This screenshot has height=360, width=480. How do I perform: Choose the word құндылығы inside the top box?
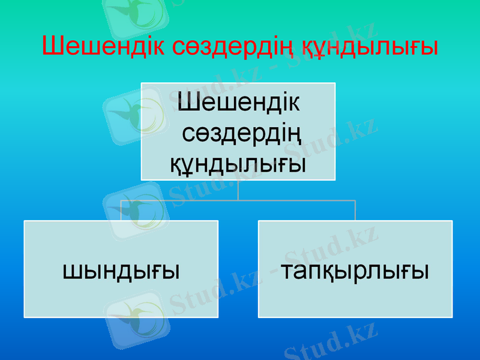pos(238,161)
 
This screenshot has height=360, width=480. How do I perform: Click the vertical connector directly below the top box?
pos(238,190)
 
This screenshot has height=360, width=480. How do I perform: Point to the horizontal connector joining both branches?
pos(238,200)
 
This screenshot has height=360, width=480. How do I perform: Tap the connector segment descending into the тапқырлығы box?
pos(355,211)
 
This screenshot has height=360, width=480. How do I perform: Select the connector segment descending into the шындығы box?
pos(121,211)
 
